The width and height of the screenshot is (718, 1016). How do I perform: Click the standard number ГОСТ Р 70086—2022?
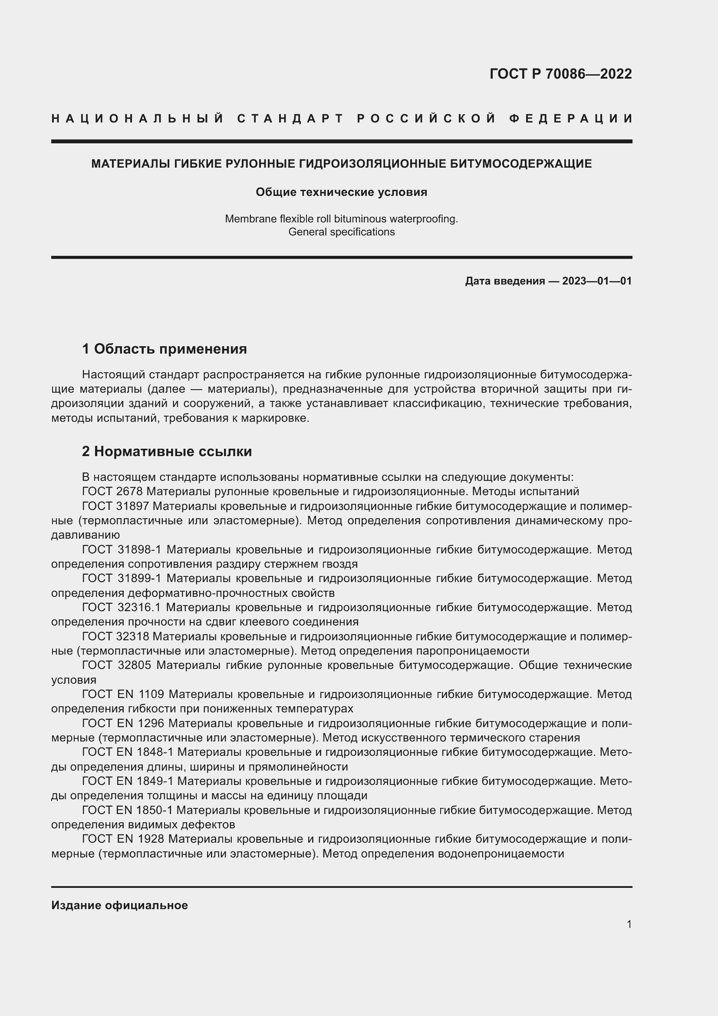point(560,74)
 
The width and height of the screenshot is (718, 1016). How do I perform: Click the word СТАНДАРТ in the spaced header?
point(290,119)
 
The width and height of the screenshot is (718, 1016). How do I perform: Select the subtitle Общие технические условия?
point(341,192)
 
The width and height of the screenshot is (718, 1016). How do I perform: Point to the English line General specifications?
point(341,232)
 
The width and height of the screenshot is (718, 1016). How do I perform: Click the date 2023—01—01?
point(596,281)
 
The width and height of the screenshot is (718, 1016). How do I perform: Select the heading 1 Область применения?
point(165,349)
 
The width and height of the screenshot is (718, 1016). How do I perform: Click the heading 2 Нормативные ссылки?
point(167,451)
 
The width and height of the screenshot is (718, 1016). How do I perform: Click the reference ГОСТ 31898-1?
point(122,549)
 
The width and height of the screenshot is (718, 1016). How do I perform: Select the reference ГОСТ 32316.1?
point(122,608)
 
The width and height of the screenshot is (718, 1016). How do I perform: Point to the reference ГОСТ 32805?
point(117,665)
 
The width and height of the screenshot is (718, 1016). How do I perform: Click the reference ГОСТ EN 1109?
point(123,694)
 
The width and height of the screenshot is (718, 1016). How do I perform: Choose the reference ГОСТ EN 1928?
point(123,839)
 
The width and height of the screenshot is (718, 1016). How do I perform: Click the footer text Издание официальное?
point(119,905)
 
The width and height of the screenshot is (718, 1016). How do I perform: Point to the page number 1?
point(629,924)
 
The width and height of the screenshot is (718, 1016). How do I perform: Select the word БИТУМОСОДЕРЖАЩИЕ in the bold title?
point(520,164)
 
